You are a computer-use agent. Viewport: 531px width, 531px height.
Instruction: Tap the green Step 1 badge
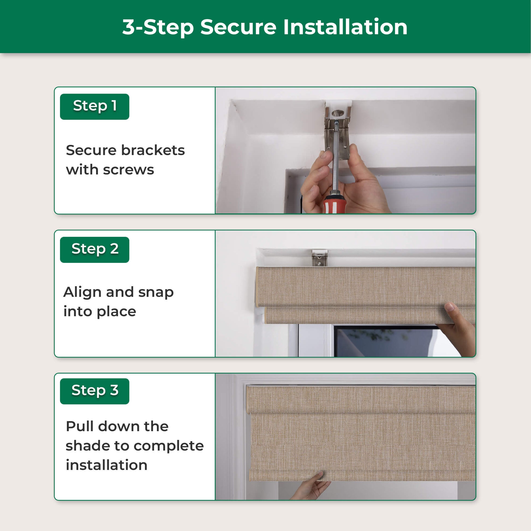pos(94,107)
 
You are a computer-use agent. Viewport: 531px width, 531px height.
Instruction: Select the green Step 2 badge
pos(94,250)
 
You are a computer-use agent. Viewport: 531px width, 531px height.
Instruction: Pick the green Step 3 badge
pos(94,391)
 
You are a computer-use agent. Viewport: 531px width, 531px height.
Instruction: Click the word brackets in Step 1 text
pos(153,150)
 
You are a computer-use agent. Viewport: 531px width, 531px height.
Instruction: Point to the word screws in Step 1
pos(128,170)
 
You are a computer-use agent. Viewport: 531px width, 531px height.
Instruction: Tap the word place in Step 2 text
pos(116,312)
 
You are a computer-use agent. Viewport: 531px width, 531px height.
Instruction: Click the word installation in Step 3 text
pos(107,465)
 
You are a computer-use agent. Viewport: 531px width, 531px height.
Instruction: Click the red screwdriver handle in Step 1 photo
pos(334,204)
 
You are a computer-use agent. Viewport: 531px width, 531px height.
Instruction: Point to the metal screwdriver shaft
pos(335,159)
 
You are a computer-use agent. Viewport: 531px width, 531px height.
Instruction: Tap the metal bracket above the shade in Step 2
pos(320,258)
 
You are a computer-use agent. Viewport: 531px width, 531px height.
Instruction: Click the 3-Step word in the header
pos(158,28)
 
